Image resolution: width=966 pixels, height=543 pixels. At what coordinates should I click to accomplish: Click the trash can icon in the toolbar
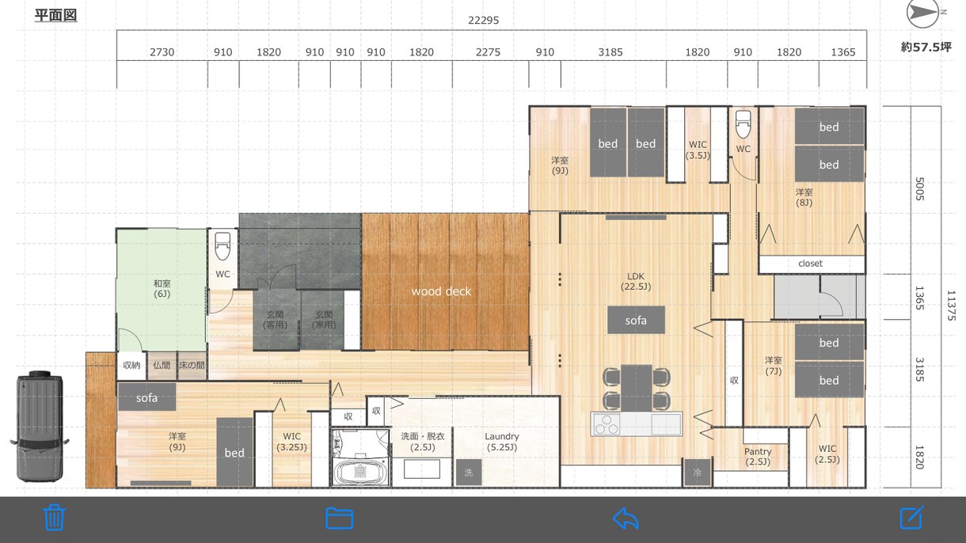pos(55,518)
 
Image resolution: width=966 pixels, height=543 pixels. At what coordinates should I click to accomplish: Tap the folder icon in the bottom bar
pos(340,518)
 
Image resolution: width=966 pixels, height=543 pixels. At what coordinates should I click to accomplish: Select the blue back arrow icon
pos(626,518)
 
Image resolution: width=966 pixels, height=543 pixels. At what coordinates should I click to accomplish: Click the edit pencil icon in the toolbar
pos(911,518)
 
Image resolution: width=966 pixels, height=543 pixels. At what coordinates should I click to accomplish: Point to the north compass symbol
pos(925,13)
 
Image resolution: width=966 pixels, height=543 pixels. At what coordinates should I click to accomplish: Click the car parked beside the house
pos(40,426)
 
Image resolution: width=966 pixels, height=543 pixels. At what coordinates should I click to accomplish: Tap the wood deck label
pos(441,292)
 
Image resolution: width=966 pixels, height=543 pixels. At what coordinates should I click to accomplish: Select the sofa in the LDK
pos(636,321)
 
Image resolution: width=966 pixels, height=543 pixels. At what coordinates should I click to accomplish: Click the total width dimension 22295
pos(484,21)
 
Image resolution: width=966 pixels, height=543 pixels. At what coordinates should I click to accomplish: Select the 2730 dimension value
pos(162,52)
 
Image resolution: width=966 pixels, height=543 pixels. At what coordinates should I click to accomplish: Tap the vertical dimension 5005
pos(919,188)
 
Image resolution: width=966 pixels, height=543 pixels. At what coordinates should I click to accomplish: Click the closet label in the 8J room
pos(810,264)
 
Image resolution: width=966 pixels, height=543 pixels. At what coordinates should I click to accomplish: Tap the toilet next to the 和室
pos(222,245)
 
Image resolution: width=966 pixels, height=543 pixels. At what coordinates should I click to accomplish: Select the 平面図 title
pos(55,16)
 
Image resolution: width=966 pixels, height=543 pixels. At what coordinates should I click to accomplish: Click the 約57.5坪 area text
pos(926,47)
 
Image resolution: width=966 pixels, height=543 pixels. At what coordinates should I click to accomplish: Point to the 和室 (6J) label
pos(162,289)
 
